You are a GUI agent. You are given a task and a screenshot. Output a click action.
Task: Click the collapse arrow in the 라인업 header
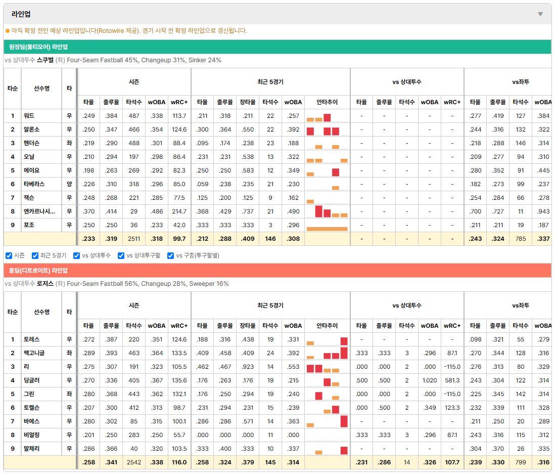point(540,14)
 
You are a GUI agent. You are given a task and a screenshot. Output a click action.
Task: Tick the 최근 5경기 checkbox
point(35,256)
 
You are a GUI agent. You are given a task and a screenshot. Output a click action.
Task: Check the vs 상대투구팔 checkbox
point(121,256)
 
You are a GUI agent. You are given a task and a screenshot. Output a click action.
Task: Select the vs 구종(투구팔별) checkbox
point(171,256)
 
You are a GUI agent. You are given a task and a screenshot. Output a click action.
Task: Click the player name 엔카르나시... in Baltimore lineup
point(39,211)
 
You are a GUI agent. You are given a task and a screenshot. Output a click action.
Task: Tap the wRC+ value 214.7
point(179,211)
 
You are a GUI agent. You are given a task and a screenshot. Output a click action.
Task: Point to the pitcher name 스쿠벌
point(45,60)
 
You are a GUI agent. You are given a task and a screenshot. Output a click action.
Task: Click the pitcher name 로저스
point(45,284)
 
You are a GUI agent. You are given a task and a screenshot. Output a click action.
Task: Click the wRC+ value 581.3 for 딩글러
point(452,380)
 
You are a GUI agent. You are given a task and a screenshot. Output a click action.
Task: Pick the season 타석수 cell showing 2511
point(134,239)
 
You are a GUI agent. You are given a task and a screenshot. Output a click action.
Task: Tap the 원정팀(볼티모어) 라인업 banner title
point(38,47)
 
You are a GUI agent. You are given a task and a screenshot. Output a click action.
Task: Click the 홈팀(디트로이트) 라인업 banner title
point(38,271)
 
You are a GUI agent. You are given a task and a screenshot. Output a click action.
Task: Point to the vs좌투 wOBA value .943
point(543,211)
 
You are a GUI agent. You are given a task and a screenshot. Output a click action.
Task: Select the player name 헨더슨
point(31,143)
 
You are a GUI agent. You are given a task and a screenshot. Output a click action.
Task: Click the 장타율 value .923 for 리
point(248,367)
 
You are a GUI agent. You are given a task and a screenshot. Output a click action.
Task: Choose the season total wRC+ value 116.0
point(179,462)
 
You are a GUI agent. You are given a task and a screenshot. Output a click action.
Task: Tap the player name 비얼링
point(31,435)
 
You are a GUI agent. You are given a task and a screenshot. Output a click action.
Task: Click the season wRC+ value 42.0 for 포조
point(179,225)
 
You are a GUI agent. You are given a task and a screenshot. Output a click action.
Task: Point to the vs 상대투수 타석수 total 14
point(407,462)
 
